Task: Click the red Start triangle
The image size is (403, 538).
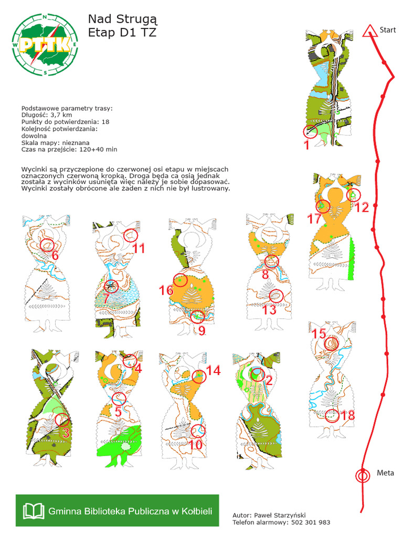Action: [370, 30]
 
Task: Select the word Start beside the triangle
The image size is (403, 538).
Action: [388, 30]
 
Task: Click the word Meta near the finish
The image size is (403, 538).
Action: [385, 473]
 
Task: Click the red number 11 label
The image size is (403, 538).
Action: [138, 248]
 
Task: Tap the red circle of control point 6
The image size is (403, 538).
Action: [47, 245]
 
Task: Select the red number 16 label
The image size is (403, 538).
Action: [166, 291]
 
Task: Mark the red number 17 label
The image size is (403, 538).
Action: [314, 219]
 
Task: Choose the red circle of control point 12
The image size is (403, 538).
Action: [355, 195]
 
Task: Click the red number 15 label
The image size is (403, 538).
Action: [319, 334]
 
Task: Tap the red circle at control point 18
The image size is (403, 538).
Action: [332, 416]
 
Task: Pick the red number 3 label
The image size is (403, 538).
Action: [66, 433]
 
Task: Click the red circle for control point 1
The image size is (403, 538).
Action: [310, 131]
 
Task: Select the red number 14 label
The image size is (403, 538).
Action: [213, 370]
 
